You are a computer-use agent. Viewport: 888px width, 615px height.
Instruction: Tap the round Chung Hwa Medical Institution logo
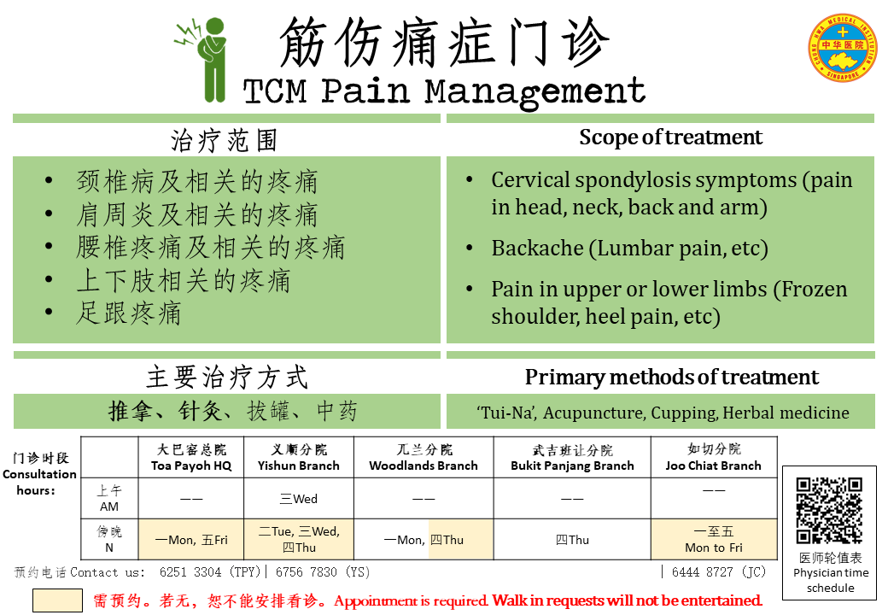(x=842, y=47)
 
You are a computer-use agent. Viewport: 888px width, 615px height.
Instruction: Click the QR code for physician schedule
(x=829, y=510)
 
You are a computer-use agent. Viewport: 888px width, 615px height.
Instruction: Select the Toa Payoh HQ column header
(x=191, y=458)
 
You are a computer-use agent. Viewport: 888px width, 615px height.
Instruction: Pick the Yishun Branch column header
(x=299, y=458)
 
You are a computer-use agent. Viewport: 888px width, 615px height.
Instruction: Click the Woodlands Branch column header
(x=424, y=458)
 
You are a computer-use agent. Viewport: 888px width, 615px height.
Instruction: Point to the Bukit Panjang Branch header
(x=572, y=458)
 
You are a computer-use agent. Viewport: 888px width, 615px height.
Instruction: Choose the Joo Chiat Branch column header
(x=714, y=458)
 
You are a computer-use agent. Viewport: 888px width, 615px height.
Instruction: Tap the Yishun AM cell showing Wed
(x=299, y=499)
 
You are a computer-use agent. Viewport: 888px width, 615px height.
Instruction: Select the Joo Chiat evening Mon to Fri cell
(x=714, y=540)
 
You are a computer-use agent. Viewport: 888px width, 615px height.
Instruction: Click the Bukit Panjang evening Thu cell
(x=572, y=540)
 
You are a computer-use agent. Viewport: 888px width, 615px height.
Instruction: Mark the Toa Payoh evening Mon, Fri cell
(x=191, y=540)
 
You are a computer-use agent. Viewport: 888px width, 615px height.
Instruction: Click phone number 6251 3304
(x=190, y=572)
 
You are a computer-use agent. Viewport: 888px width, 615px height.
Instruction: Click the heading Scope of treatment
(x=670, y=137)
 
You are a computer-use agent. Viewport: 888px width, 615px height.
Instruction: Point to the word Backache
(x=537, y=248)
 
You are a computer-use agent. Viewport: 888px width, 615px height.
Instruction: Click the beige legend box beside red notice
(x=57, y=600)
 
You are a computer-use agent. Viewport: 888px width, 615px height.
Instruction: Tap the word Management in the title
(x=535, y=91)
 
